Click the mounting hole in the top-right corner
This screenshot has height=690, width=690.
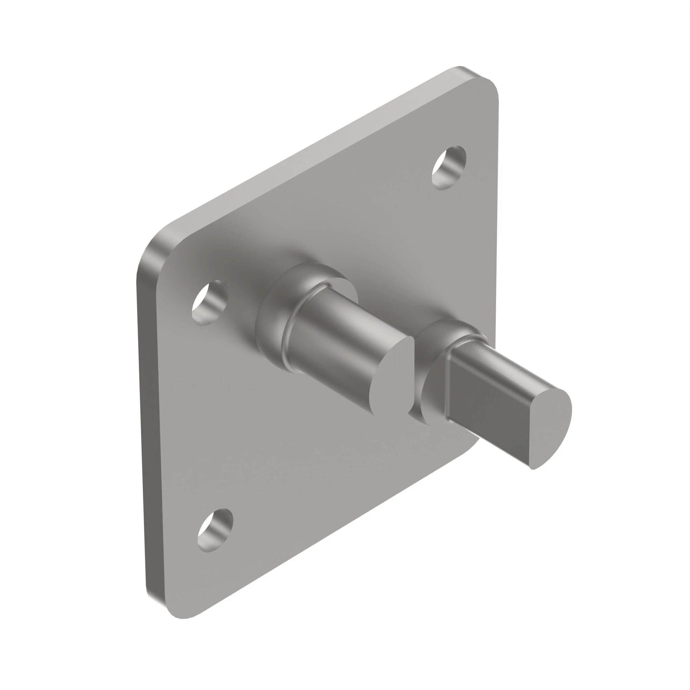449,168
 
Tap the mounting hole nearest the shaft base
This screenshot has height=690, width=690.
210,303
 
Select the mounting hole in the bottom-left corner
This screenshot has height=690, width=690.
215,530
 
